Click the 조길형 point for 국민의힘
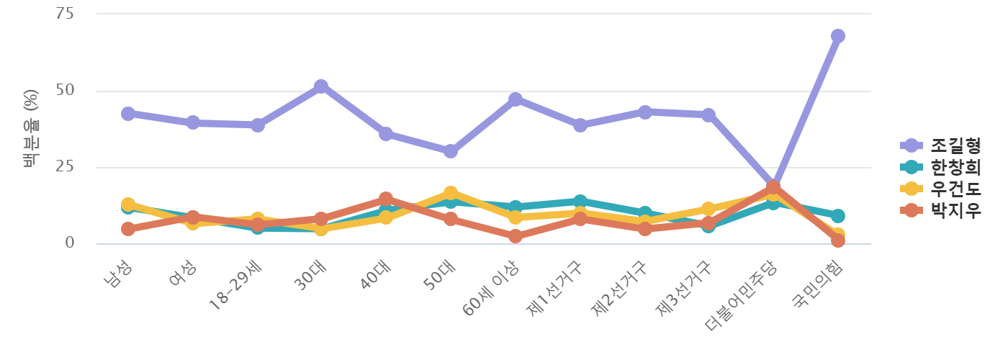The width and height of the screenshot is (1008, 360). point(837,36)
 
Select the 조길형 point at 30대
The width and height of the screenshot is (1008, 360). point(321,86)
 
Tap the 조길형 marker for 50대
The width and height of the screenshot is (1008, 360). point(450,151)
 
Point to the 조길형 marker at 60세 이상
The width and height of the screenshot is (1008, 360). point(515,99)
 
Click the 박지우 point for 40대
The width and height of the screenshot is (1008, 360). point(386,199)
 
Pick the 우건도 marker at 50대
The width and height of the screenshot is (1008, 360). point(450,193)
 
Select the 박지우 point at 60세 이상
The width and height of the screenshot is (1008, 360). point(515,236)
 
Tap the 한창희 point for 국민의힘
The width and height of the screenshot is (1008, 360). point(837,216)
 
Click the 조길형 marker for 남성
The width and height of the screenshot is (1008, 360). point(128,114)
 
